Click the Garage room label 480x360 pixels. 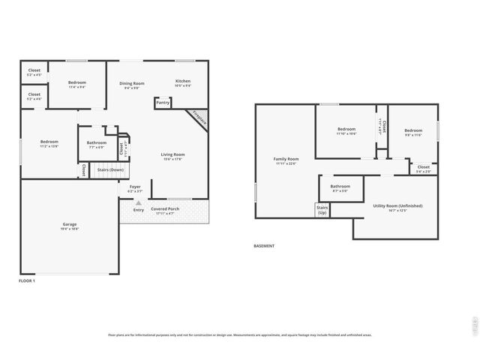click(69, 224)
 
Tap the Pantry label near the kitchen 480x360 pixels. click(163, 103)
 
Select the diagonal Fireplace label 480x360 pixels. click(199, 118)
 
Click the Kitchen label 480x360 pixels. click(183, 81)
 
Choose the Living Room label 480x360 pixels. click(172, 154)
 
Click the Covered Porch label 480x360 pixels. click(164, 208)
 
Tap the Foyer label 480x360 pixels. click(135, 187)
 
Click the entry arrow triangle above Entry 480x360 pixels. click(138, 202)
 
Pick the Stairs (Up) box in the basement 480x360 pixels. click(322, 210)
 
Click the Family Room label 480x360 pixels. click(286, 159)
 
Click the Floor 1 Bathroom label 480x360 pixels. click(96, 142)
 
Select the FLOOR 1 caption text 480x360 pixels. click(26, 280)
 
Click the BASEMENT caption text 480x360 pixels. click(264, 245)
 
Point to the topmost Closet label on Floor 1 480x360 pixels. click(34, 70)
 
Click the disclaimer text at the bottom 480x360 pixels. click(239, 335)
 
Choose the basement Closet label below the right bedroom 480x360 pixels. click(424, 166)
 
